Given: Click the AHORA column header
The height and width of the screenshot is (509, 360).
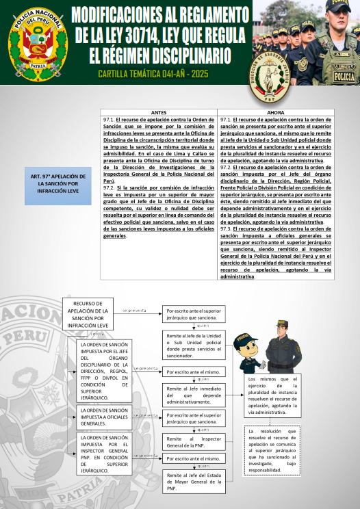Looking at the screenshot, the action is [x=277, y=112].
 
